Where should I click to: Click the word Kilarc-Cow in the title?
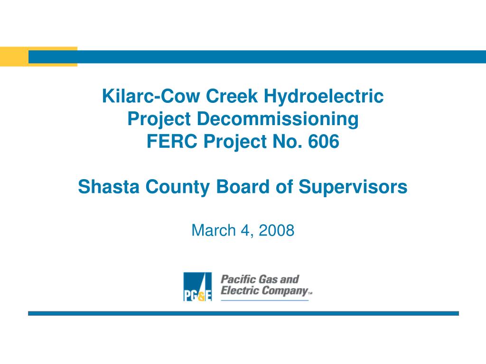pyautogui.click(x=151, y=96)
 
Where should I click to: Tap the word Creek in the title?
pyautogui.click(x=232, y=96)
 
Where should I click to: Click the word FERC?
pyautogui.click(x=172, y=141)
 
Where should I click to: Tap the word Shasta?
pyautogui.click(x=109, y=187)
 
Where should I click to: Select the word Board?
pyautogui.click(x=243, y=187)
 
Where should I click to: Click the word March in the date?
pyautogui.click(x=214, y=230)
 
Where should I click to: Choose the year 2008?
pyautogui.click(x=276, y=230)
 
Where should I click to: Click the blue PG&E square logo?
pyautogui.click(x=197, y=287)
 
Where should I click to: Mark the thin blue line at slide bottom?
pyautogui.click(x=243, y=313)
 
